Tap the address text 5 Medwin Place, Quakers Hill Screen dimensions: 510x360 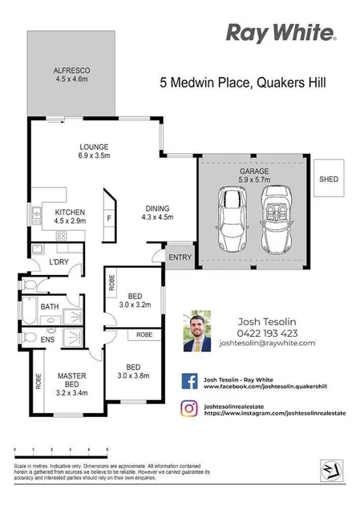click(241, 82)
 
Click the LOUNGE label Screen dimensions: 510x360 click(94, 147)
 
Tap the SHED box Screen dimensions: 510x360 click(328, 180)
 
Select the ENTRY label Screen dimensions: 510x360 click(180, 257)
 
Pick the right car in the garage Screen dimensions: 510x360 click(276, 222)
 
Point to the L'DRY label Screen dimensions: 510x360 click(58, 262)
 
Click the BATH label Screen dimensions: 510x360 click(49, 306)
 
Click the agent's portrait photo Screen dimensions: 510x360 click(197, 330)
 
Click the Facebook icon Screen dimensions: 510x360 click(190, 381)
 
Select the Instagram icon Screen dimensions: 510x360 click(190, 409)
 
